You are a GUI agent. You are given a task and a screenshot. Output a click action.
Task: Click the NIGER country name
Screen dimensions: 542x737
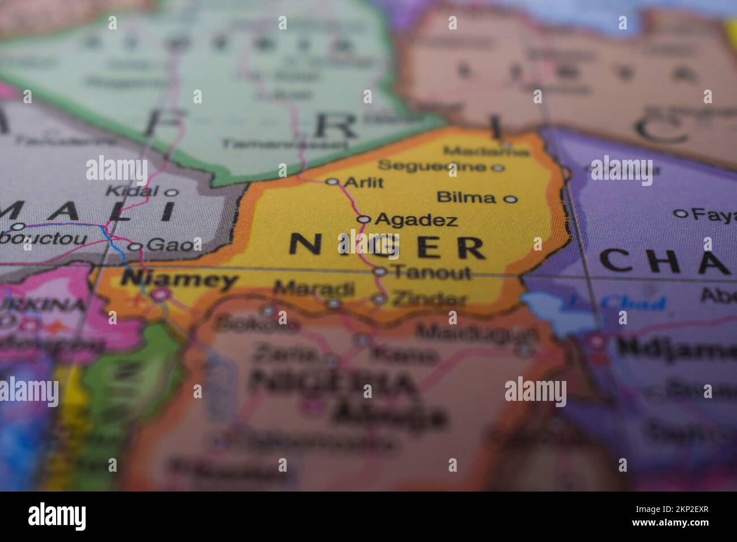click(387, 246)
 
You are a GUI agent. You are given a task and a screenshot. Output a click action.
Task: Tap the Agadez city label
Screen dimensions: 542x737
click(416, 219)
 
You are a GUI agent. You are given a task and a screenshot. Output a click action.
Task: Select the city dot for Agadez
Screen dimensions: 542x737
click(364, 219)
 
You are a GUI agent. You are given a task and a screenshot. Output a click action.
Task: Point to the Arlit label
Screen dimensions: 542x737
click(363, 182)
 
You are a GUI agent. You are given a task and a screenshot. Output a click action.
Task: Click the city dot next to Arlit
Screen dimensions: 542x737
click(332, 182)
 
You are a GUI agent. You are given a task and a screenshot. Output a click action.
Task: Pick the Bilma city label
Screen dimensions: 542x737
click(466, 197)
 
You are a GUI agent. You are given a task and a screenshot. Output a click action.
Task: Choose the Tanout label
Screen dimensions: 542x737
click(432, 272)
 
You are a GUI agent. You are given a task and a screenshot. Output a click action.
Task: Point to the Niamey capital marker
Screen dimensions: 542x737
click(160, 294)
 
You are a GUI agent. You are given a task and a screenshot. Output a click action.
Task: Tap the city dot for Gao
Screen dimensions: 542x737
click(135, 247)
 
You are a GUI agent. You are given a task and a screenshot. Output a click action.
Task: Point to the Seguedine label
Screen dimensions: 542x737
click(432, 166)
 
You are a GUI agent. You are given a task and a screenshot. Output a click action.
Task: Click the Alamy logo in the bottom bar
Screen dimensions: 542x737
click(57, 516)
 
